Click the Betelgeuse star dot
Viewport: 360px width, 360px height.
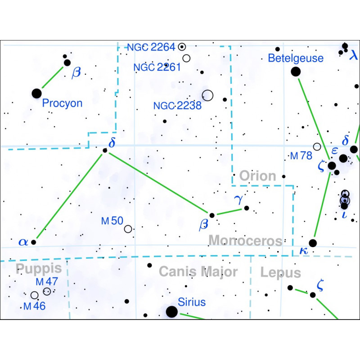(x=296, y=72)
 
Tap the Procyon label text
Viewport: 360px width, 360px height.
(x=62, y=103)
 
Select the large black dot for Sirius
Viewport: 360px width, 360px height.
(x=172, y=312)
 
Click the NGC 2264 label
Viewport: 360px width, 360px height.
(x=151, y=47)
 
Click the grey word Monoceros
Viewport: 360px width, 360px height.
(x=245, y=241)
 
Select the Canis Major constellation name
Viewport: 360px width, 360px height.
(x=198, y=272)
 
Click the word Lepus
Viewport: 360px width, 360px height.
(x=280, y=273)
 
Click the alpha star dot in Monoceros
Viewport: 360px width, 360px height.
(x=33, y=242)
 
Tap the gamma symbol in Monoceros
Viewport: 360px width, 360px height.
(x=238, y=200)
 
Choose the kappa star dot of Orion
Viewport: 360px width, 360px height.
(x=313, y=243)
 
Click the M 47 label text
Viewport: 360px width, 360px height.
(x=47, y=282)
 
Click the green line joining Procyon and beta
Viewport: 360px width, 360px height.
(x=53, y=77)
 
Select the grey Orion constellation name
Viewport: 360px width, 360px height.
(x=257, y=176)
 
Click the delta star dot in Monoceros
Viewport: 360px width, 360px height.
(x=105, y=150)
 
